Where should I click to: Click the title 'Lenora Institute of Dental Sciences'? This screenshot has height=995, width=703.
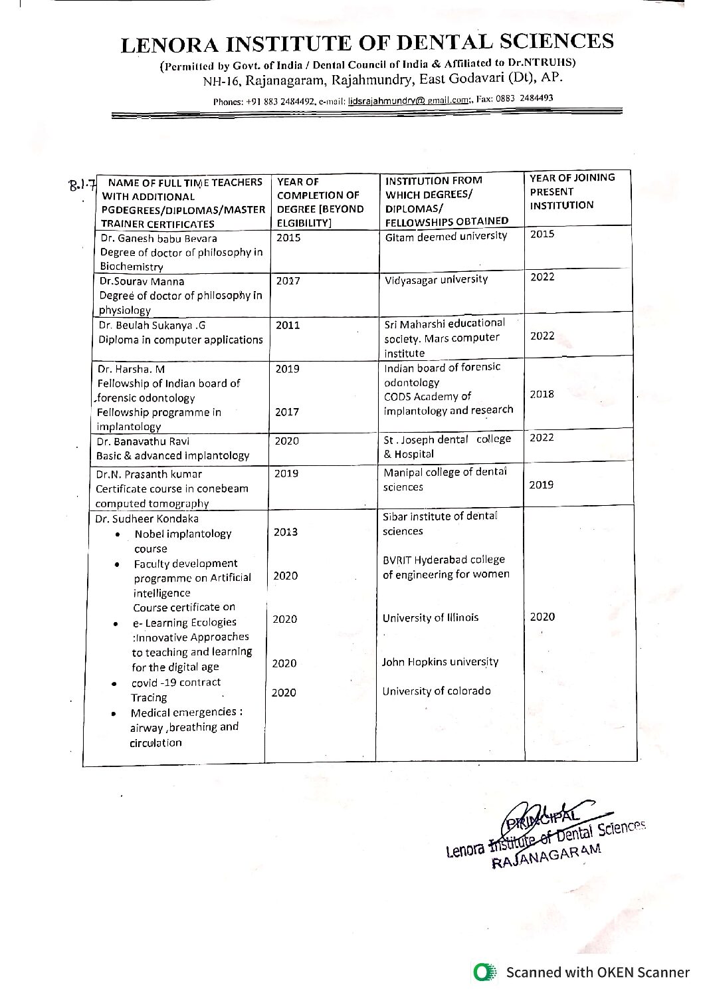click(x=367, y=43)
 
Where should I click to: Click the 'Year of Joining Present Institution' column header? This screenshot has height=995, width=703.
click(x=571, y=191)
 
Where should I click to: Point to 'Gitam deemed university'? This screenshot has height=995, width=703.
click(x=446, y=236)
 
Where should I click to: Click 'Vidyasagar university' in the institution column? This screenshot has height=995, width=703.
click(x=436, y=279)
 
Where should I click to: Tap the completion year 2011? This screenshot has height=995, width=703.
click(x=288, y=325)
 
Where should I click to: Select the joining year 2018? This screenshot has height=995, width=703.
click(x=542, y=394)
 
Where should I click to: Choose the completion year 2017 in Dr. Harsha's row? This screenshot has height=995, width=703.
click(x=287, y=412)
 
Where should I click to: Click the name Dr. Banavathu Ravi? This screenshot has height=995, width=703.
click(x=143, y=441)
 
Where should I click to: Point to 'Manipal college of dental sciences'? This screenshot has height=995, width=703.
click(x=445, y=479)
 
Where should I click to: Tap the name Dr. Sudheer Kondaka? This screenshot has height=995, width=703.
click(x=147, y=518)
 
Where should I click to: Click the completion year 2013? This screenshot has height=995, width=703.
click(x=286, y=532)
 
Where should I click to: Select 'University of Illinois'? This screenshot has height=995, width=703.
click(x=430, y=617)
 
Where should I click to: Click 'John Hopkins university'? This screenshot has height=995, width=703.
click(x=440, y=662)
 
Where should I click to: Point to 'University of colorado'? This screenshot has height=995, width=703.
click(x=437, y=691)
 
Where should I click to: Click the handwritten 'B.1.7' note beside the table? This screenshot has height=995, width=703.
click(x=83, y=183)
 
